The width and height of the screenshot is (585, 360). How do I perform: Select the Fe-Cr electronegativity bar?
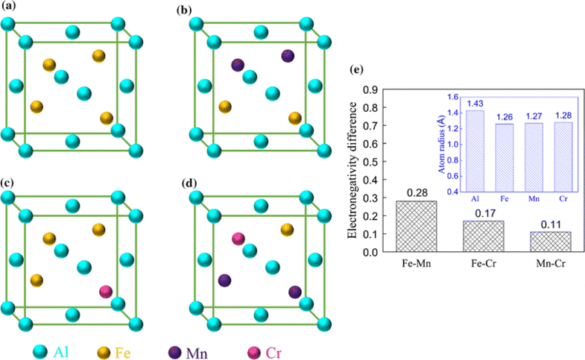click(x=484, y=236)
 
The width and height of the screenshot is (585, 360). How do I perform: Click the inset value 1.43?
click(x=475, y=104)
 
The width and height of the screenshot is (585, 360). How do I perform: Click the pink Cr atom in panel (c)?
click(x=107, y=290)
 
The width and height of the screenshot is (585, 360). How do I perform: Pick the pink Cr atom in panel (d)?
click(x=238, y=239)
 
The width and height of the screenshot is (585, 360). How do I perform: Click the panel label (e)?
click(x=357, y=72)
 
